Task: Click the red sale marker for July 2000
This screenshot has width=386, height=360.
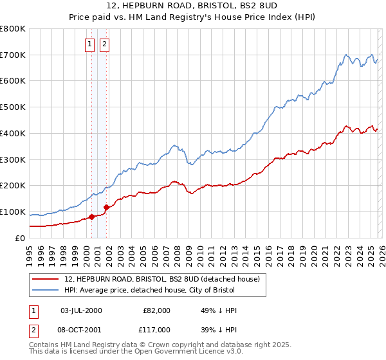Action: (x=91, y=217)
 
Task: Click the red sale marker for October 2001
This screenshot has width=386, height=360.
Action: (x=106, y=207)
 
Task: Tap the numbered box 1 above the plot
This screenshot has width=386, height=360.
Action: (x=89, y=44)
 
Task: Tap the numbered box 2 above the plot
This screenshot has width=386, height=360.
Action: (x=104, y=44)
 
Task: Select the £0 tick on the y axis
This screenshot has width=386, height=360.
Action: (x=21, y=238)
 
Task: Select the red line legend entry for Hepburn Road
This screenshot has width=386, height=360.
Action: (x=161, y=279)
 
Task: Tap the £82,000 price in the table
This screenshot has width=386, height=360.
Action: (x=156, y=310)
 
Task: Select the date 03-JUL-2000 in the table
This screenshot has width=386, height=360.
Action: (x=81, y=310)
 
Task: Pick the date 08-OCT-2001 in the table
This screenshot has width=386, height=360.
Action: (x=81, y=329)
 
